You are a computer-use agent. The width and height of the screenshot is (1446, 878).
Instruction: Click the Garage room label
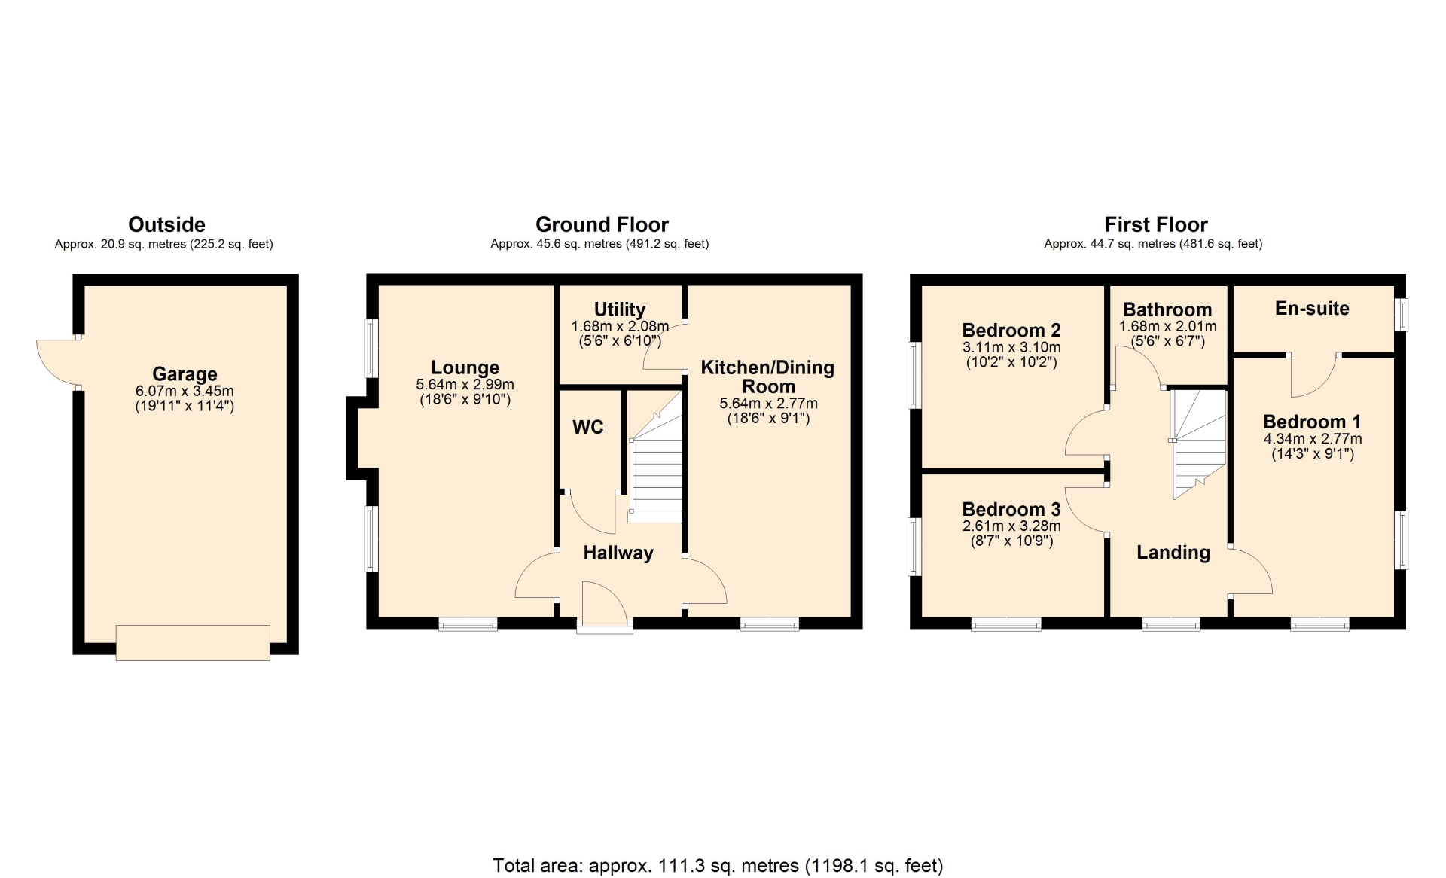click(x=185, y=373)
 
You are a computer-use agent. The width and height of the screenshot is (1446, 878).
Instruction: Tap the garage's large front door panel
click(x=193, y=643)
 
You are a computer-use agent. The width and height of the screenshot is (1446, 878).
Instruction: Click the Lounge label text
click(x=465, y=367)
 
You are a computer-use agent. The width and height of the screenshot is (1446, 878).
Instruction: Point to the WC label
click(x=588, y=427)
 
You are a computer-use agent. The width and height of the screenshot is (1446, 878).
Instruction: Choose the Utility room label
click(x=620, y=309)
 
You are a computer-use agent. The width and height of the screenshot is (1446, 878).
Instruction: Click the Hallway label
click(x=618, y=553)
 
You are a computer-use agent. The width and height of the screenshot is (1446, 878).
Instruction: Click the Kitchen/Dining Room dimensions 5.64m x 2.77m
click(x=768, y=403)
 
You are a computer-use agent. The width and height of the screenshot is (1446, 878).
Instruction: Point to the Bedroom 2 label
click(x=1011, y=330)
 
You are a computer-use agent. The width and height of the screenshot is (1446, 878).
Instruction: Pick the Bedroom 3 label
click(x=1011, y=509)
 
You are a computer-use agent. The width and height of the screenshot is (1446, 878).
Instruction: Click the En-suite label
click(x=1312, y=308)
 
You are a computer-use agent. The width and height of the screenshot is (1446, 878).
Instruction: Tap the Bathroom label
click(x=1167, y=309)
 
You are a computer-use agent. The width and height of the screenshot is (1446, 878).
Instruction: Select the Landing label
click(x=1173, y=553)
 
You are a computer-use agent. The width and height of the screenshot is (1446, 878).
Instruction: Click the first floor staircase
click(x=1198, y=444)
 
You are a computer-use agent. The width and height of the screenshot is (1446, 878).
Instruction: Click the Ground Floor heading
click(x=602, y=224)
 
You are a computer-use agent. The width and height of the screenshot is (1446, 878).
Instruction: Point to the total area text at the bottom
click(x=718, y=866)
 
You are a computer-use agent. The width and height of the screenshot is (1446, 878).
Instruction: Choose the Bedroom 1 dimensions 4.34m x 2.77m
click(x=1313, y=438)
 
